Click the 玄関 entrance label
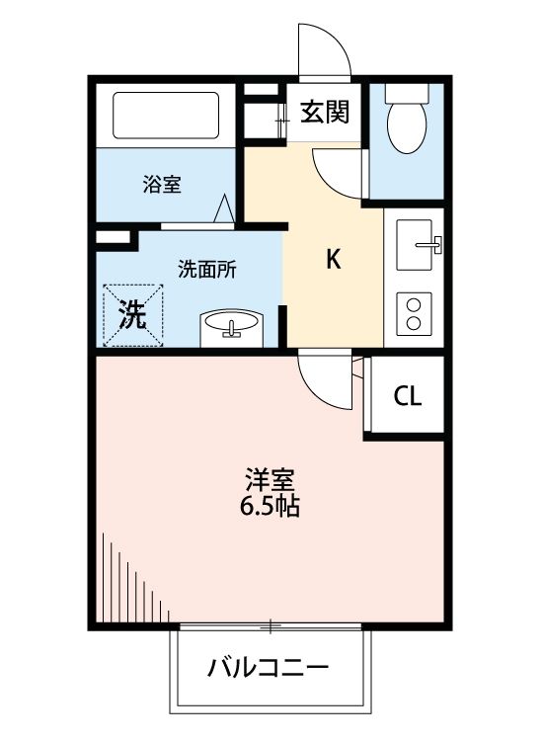point(325,112)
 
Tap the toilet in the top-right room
point(406,119)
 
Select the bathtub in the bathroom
point(165,117)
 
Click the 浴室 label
point(161,184)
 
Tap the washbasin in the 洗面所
point(233,327)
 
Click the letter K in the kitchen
point(334,260)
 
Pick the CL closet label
point(407,397)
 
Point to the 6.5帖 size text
point(270,508)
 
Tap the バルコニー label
point(268,669)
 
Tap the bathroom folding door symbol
point(225,208)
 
